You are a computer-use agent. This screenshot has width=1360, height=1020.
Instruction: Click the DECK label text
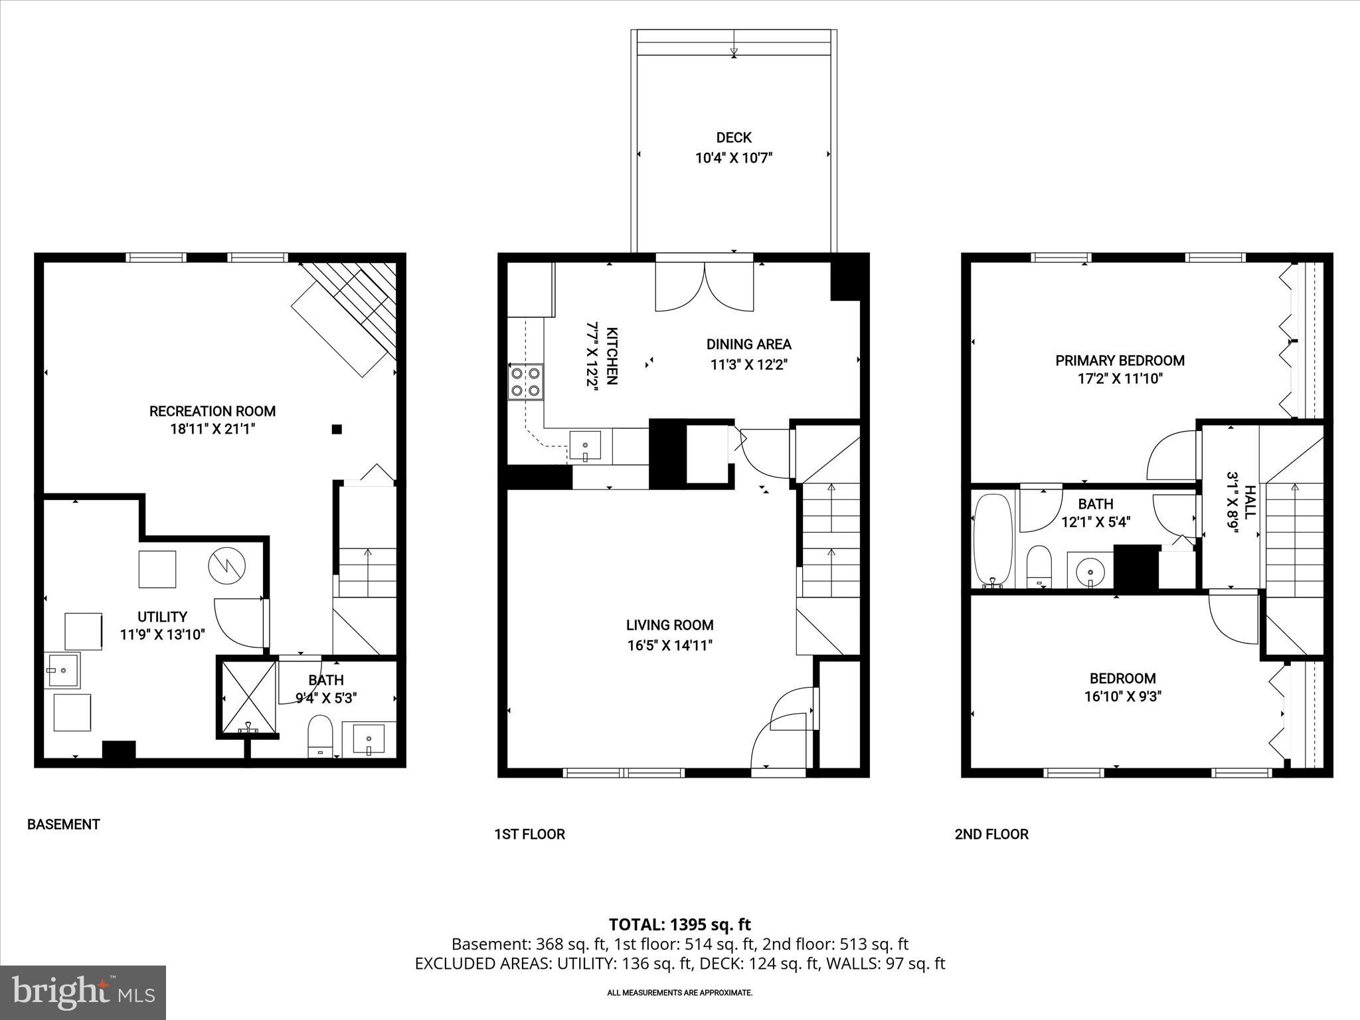click(733, 137)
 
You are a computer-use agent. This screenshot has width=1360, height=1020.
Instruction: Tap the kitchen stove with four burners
click(525, 382)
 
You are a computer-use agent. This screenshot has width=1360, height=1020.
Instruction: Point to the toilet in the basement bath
click(321, 735)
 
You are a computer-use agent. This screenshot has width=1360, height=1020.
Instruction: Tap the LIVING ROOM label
click(669, 625)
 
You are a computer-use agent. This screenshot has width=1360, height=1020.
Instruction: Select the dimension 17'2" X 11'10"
click(1120, 379)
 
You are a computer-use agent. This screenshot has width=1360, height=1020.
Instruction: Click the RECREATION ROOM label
click(212, 411)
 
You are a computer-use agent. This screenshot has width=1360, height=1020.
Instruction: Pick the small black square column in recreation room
click(337, 430)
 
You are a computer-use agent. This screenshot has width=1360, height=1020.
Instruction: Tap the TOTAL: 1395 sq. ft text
click(679, 924)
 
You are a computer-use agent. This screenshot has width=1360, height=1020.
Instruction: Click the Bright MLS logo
click(83, 992)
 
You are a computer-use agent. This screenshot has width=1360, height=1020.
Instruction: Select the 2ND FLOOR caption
click(991, 835)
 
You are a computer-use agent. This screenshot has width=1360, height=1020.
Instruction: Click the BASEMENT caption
click(63, 825)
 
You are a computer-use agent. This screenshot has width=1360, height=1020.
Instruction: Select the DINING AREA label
click(748, 344)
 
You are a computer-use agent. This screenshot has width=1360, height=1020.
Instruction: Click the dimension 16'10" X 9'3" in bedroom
click(1122, 697)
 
